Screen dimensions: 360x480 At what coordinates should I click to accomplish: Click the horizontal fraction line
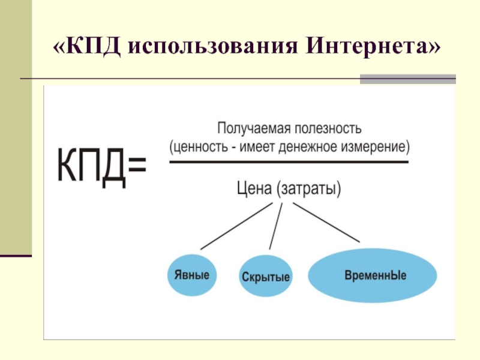tap(289, 162)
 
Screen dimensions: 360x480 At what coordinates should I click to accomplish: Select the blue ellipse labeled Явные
tap(192, 275)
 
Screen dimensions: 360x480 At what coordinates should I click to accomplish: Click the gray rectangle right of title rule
tap(407, 79)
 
